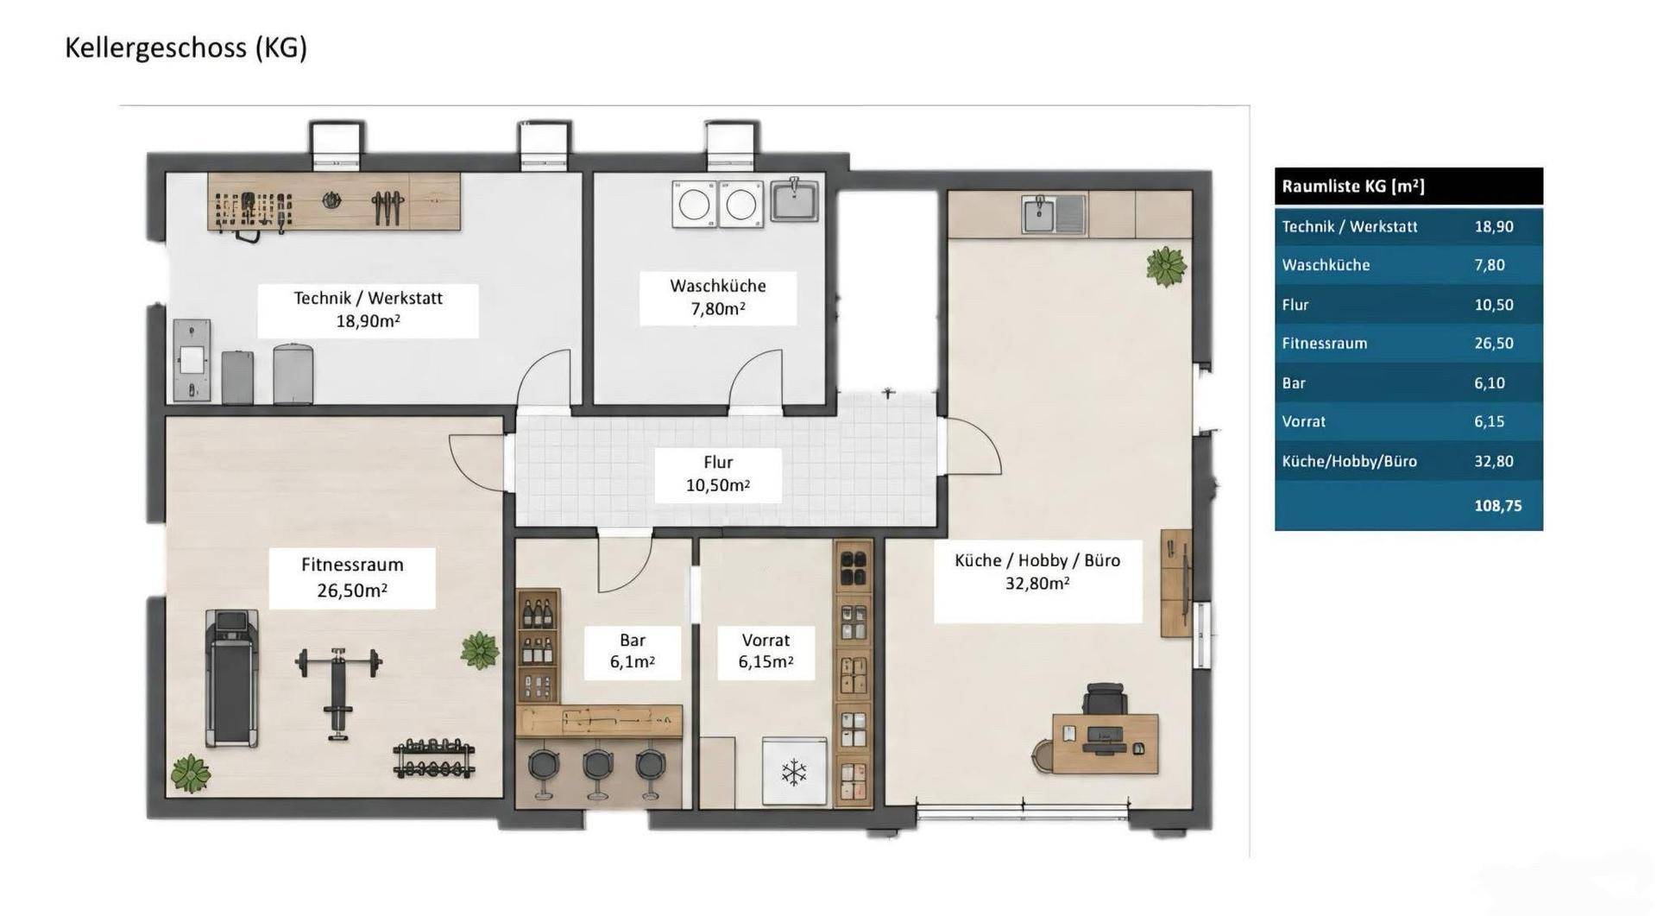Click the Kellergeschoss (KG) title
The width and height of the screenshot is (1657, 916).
186,47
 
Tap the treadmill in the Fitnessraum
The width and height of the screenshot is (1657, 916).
230,678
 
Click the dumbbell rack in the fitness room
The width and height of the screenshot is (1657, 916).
434,759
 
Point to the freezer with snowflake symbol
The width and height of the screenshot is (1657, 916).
794,772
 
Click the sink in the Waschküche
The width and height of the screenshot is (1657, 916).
795,200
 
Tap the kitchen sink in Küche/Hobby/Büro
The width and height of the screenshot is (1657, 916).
1054,214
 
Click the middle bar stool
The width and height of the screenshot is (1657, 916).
597,771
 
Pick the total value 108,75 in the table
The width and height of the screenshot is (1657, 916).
1497,506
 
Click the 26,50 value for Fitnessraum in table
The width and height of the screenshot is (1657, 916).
1493,344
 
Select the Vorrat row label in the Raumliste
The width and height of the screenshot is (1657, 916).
1303,422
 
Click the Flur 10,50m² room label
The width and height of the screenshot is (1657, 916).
718,474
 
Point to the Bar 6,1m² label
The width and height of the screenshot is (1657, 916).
633,651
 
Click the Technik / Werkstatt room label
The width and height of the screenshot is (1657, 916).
368,309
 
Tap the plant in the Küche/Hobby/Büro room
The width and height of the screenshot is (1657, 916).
1167,266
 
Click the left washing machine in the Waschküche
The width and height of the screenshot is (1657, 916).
695,205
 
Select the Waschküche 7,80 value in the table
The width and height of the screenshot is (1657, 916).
1490,265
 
